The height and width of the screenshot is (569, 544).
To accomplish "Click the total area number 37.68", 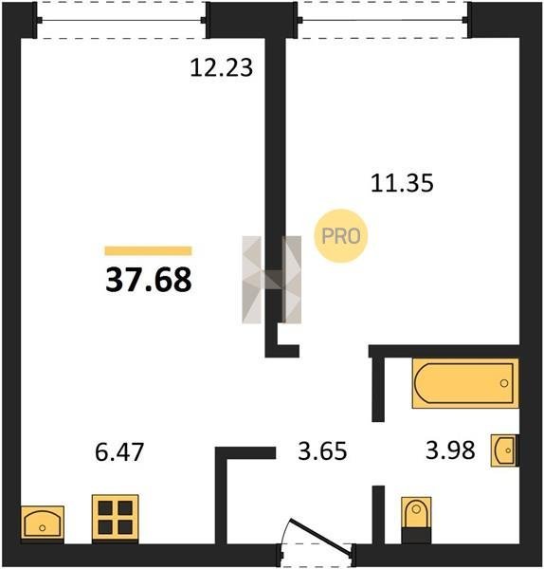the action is pos(149,280).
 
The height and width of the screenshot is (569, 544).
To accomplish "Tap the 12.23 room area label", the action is pos(221,68).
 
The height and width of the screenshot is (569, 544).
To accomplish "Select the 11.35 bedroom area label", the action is pos(402,183).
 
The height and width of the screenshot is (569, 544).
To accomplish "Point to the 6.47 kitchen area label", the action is pos(119,451).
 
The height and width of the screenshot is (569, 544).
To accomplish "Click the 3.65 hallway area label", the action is pos(322,451).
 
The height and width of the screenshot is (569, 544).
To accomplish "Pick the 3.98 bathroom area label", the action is pos(450,450).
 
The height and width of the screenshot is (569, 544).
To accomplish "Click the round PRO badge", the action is pos(341,236).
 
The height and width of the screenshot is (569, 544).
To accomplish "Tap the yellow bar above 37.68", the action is pos(148,250).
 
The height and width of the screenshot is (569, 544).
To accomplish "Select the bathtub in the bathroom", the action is pos(465,383).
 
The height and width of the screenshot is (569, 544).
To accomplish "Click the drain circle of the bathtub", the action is pos(504,383).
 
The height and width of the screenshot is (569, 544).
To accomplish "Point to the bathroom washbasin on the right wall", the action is pos(505,450).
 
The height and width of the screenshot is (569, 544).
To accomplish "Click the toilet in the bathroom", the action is pos(416,520).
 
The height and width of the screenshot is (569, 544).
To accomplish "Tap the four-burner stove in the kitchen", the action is pos(115,518).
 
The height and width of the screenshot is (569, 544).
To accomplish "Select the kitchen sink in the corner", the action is pos(43,523).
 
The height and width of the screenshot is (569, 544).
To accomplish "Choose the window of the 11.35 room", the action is pos(384,20).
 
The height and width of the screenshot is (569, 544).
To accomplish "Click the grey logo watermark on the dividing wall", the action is pos(272,280).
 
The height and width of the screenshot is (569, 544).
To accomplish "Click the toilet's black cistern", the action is pos(416,536).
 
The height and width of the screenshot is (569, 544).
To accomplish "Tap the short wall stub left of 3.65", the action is pos(245,453).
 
